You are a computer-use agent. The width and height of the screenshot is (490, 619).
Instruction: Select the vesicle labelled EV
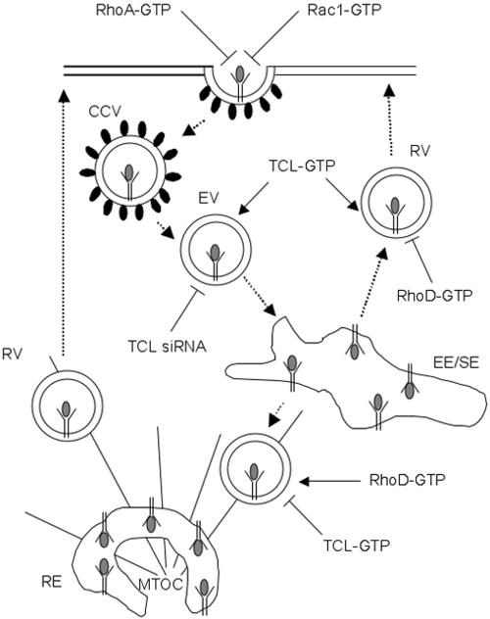click(x=214, y=257)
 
